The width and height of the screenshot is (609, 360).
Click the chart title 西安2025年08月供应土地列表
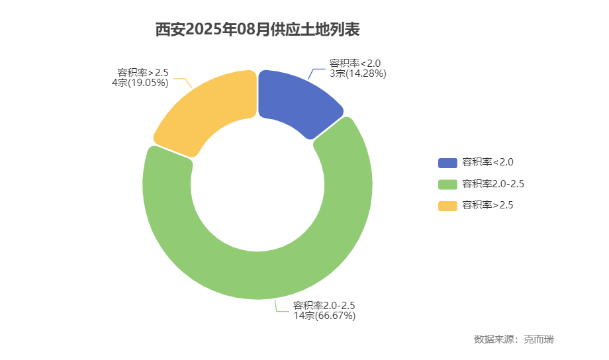[258, 30]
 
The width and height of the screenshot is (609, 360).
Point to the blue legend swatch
[447, 162]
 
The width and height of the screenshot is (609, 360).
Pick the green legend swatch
[447, 184]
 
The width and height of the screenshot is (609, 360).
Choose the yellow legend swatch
[447, 206]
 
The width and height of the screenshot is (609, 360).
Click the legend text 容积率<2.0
[487, 162]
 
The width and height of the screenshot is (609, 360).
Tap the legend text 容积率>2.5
[487, 206]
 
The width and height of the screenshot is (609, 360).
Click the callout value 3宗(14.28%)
[357, 73]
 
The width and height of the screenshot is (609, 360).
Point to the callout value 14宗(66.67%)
[324, 316]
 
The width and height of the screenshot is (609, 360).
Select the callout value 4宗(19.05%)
[140, 83]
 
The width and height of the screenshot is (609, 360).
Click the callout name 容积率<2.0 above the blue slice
[355, 64]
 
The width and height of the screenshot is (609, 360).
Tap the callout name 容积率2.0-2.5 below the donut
[324, 306]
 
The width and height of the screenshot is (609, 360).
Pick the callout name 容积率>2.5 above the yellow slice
[143, 73]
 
